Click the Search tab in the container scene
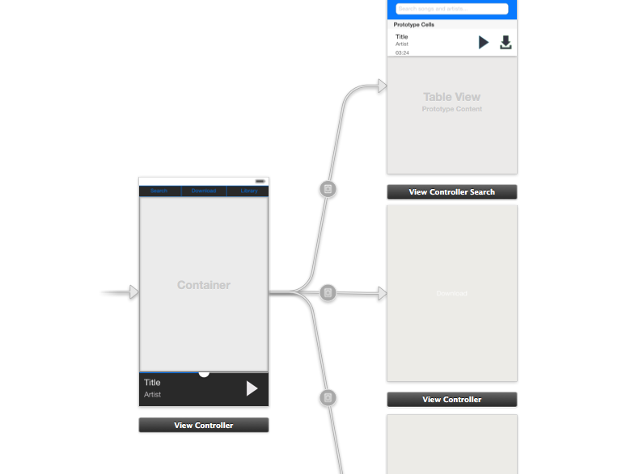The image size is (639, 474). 159,191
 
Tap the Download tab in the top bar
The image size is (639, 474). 204,191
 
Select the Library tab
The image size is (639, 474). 249,191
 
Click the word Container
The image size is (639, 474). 204,285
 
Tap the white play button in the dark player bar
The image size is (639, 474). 252,388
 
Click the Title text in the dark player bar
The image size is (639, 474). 152,383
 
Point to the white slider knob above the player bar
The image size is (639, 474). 204,372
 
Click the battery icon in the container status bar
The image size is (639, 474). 260,181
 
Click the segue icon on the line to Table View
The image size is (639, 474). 328,190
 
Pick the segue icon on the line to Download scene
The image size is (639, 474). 328,292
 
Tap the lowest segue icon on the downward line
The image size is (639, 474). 328,397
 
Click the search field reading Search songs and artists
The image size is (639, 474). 452,9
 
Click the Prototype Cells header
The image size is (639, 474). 414,25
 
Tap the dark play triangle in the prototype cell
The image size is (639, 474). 483,42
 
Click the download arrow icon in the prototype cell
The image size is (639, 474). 506,42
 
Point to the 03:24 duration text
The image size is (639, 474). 402,52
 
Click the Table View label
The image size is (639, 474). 451,97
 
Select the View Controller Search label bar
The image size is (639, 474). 451,192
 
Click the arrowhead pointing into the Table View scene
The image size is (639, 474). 382,86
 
